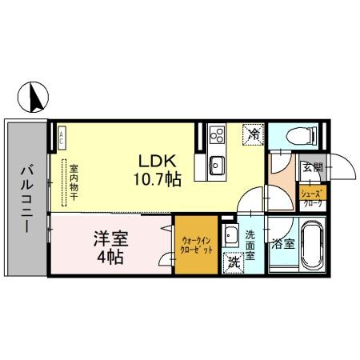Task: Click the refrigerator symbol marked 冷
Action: [254, 134]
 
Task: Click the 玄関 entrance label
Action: [312, 168]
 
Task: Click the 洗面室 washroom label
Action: [250, 245]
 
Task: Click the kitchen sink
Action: [216, 166]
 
